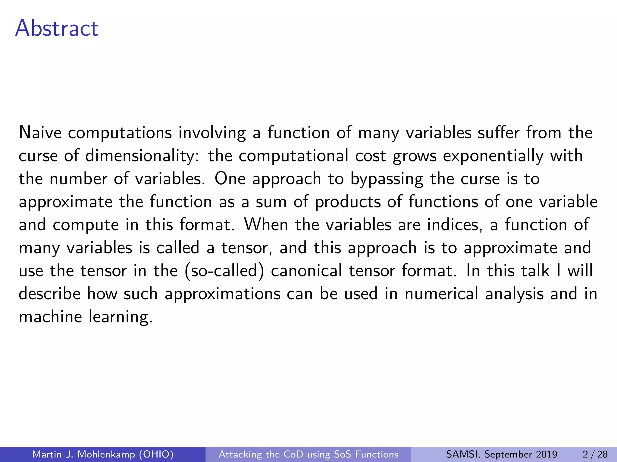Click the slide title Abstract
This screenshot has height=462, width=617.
pyautogui.click(x=57, y=28)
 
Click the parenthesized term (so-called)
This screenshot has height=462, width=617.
pyautogui.click(x=224, y=271)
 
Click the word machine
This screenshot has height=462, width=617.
pyautogui.click(x=50, y=317)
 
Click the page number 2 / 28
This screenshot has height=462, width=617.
pyautogui.click(x=595, y=454)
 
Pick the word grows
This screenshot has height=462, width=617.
pyautogui.click(x=415, y=156)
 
